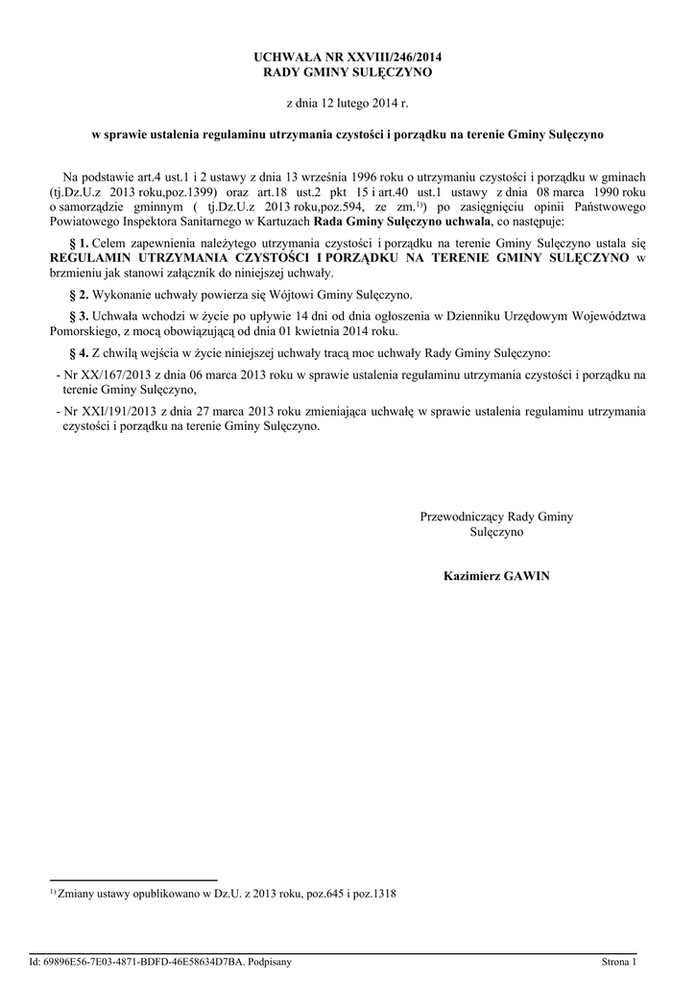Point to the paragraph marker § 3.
80,316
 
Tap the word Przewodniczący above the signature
462,516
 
